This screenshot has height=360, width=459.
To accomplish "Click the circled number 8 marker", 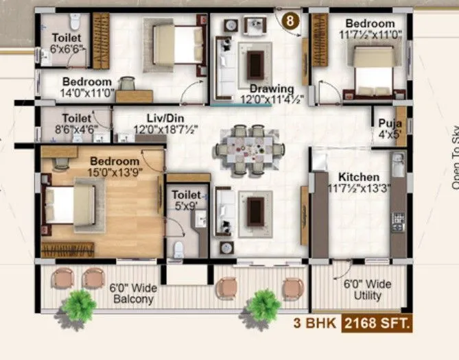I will (291, 21).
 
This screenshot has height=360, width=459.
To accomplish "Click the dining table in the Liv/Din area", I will (249, 147).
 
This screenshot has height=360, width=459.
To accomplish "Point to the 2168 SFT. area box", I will (377, 323).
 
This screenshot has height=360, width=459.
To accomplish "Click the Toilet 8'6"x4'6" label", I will (76, 122).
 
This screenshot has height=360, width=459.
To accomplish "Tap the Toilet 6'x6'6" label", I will (66, 43).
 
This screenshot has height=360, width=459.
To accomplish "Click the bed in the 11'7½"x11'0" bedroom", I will (374, 71).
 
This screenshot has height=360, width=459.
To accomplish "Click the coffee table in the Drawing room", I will (255, 64).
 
